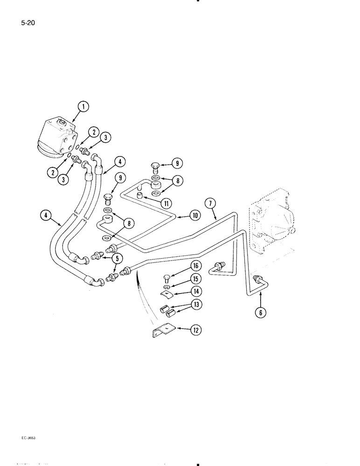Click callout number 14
(x=194, y=292)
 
